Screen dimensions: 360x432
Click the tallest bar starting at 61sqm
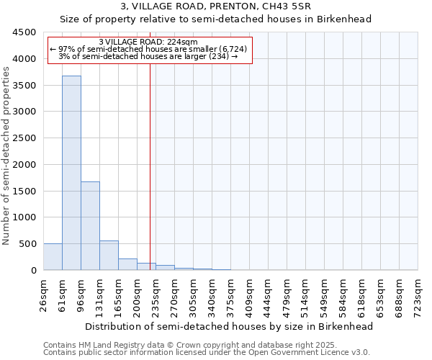tap(71, 173)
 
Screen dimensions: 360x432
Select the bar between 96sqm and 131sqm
tap(90, 226)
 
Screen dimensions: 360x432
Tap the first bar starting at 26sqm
tap(53, 257)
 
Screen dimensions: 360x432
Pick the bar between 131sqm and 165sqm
tap(109, 256)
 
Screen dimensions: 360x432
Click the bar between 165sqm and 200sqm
tap(127, 264)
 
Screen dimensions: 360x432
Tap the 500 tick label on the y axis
tap(27, 244)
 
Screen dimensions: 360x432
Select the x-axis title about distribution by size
tap(230, 326)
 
